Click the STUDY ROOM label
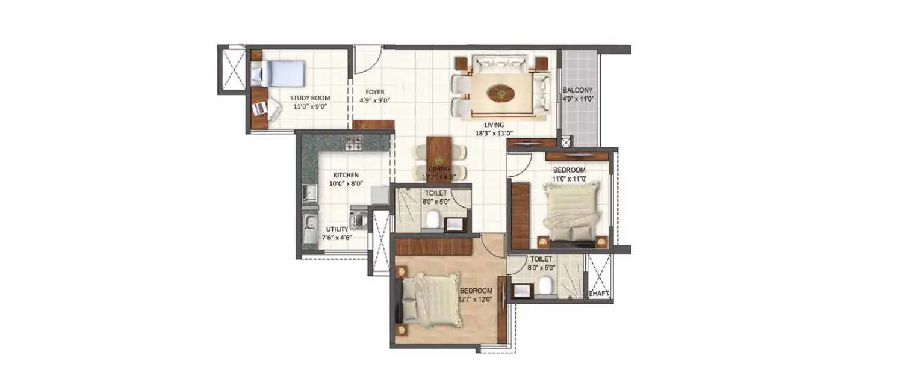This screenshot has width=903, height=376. (310, 98)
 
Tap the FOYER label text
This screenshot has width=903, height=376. (374, 92)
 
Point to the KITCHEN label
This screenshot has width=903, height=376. (344, 175)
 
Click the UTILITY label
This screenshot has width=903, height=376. (337, 229)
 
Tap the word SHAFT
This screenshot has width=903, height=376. (598, 294)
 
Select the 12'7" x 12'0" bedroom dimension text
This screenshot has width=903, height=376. (475, 299)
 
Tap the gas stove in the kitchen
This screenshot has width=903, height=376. (354, 143)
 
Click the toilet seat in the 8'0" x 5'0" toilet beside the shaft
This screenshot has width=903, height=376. (547, 286)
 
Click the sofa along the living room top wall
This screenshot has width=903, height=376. (500, 62)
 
